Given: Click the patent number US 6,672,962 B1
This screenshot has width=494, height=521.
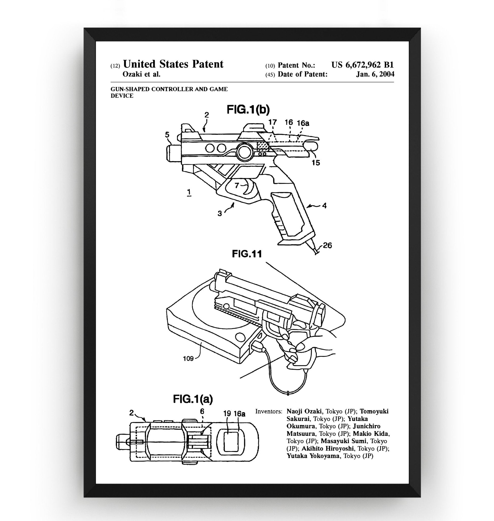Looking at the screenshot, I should point(362,65).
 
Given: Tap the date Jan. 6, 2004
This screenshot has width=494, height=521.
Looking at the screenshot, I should point(375,74).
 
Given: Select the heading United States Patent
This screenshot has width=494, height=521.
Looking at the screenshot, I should point(173,64).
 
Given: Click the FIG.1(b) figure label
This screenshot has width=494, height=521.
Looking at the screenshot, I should point(248,110).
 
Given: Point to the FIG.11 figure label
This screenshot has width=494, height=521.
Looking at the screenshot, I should point(247,254).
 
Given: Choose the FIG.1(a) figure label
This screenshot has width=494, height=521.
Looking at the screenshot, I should point(193,399).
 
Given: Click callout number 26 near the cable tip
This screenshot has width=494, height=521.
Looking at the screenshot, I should point(327,245).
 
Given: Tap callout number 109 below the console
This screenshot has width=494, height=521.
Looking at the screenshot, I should point(188,358).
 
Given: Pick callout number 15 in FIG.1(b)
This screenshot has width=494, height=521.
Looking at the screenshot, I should point(316,163).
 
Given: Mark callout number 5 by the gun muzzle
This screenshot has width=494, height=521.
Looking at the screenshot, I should point(167,135).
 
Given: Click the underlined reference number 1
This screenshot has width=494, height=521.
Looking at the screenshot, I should point(189,192).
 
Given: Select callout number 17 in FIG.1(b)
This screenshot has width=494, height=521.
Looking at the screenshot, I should point(273,122).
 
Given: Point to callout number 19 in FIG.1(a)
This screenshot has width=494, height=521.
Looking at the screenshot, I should point(227,414).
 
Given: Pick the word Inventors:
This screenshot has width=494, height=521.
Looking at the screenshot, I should point(268,411).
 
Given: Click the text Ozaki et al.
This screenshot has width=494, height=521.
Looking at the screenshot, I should point(142,74).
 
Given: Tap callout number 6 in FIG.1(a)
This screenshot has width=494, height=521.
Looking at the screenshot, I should point(202,411).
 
